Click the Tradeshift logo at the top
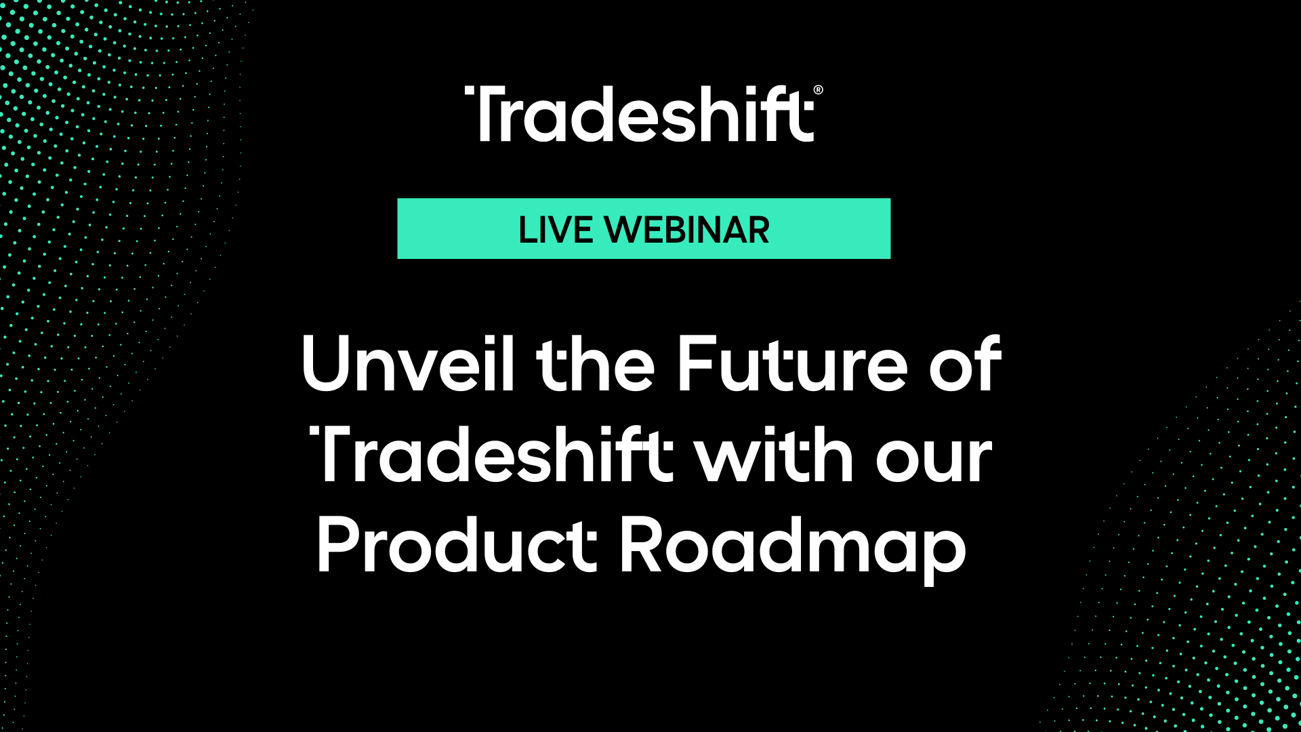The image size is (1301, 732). (640, 115)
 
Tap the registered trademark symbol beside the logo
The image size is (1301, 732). (818, 90)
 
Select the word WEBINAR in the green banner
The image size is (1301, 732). (687, 230)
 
